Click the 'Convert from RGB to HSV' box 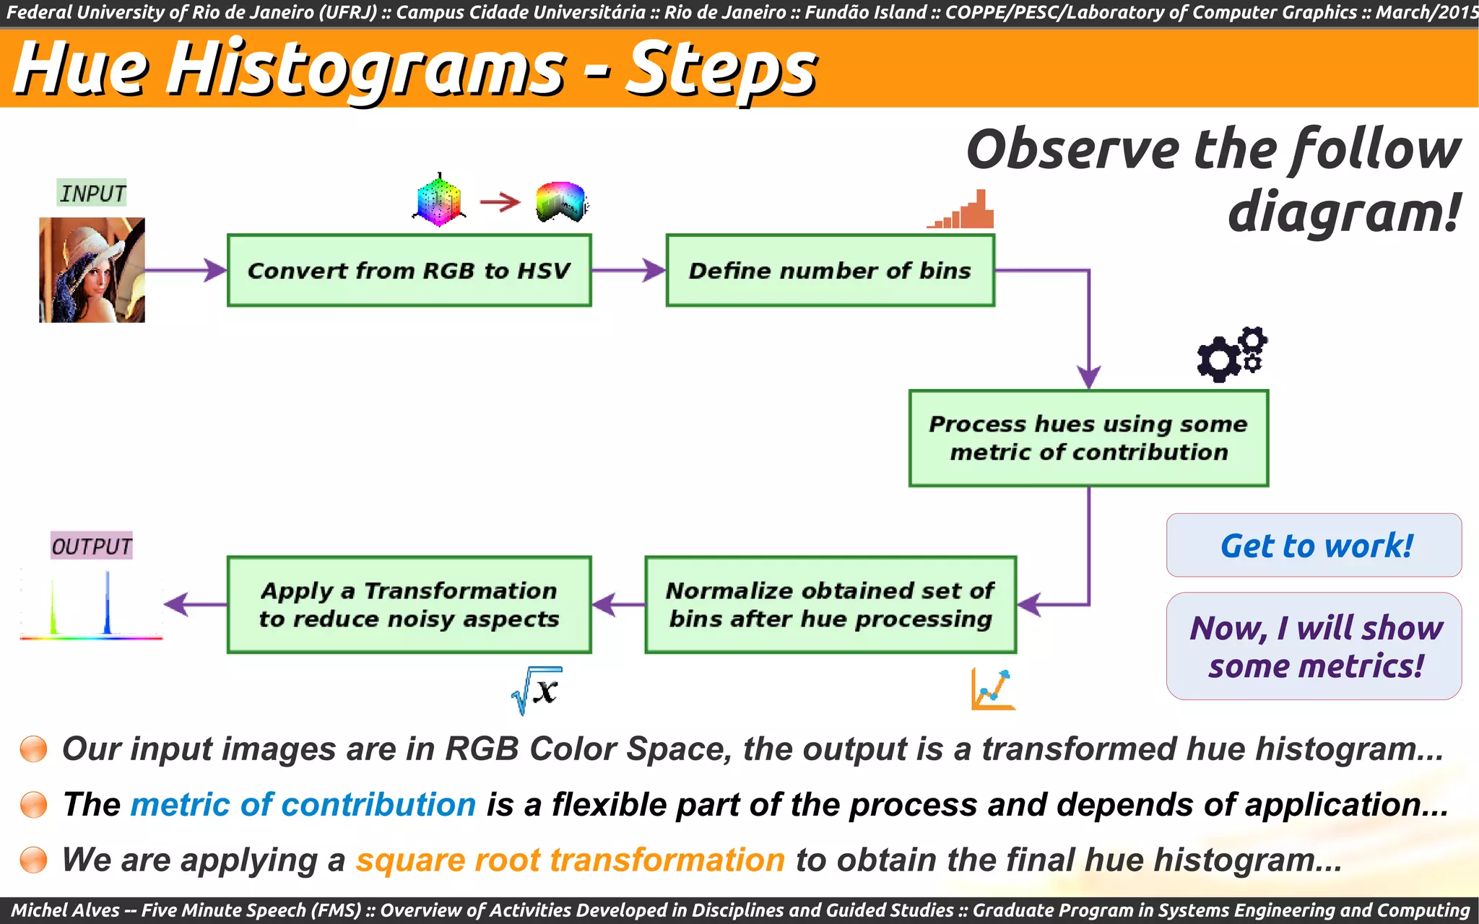(409, 271)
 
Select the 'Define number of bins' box (830, 271)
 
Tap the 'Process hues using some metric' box (1088, 438)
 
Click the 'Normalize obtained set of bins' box (830, 605)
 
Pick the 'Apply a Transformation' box (409, 605)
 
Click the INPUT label (92, 193)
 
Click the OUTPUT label (92, 546)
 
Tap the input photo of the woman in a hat (92, 270)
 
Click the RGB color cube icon (439, 200)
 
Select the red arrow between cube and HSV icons (500, 202)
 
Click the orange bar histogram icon (962, 211)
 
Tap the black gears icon (1232, 354)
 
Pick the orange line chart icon (993, 689)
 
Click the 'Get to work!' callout (1314, 546)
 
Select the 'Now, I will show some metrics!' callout (1314, 646)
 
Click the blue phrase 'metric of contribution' (303, 805)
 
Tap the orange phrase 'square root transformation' (570, 860)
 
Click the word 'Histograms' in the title (367, 69)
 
